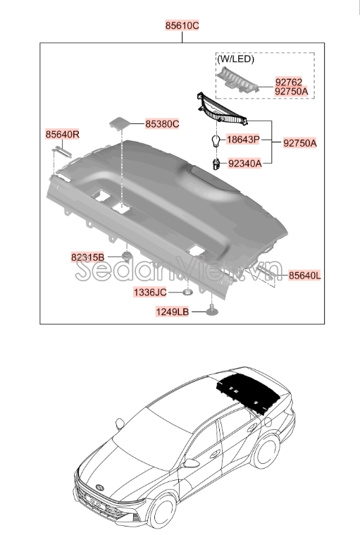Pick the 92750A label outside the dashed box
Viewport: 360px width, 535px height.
click(300, 143)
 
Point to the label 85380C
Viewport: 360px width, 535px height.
click(162, 124)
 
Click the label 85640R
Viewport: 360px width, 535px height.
click(63, 134)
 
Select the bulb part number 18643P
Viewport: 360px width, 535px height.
click(244, 140)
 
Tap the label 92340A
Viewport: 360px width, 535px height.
click(244, 163)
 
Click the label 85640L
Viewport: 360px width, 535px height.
click(304, 276)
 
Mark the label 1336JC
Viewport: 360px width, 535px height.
click(150, 292)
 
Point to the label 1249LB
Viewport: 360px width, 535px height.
click(173, 312)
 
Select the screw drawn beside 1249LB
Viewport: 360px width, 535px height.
click(211, 311)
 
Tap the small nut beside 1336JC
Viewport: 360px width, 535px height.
click(187, 291)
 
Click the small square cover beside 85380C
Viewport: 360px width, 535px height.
click(118, 123)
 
